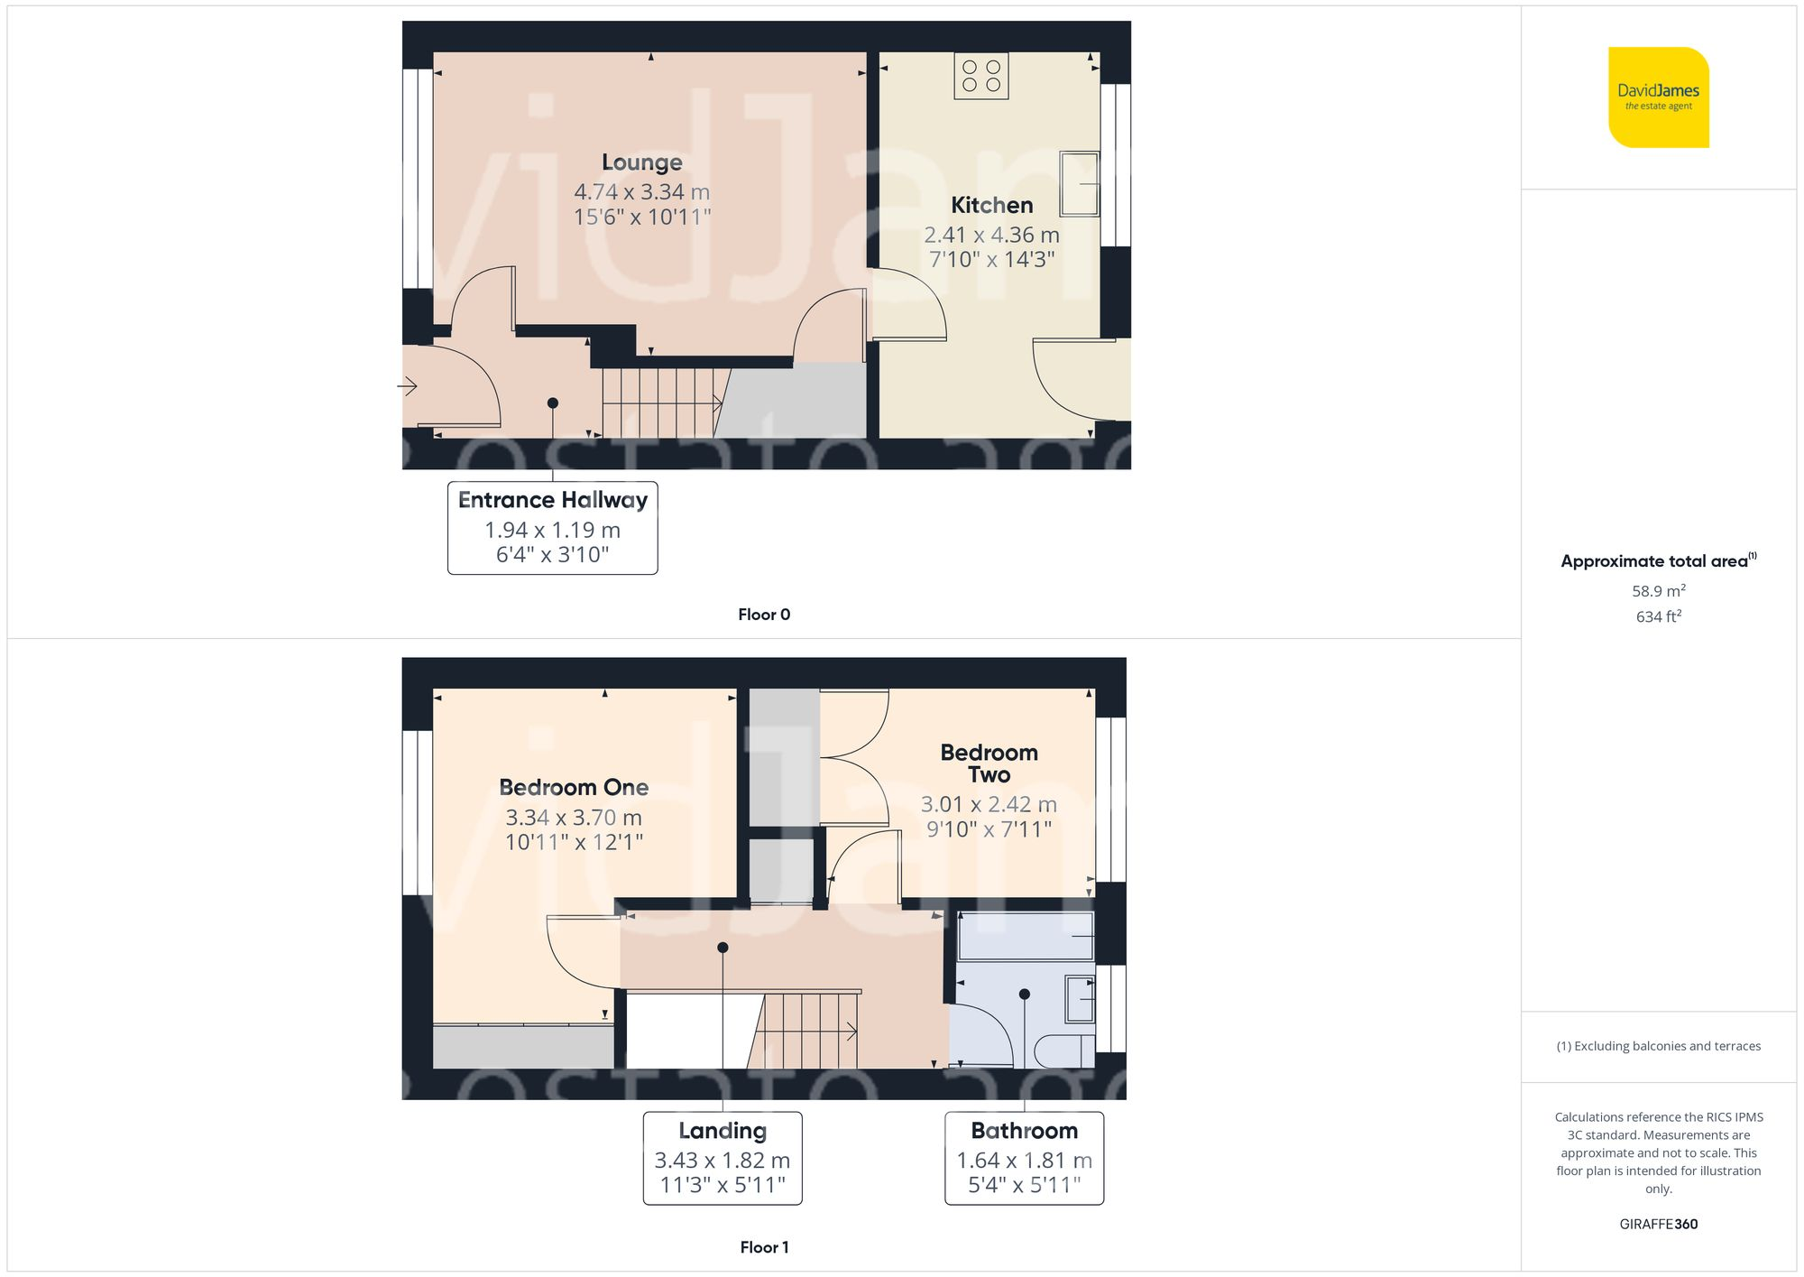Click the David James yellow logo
(x=1658, y=97)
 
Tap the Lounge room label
(x=641, y=162)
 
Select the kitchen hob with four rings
(x=981, y=76)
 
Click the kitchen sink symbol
(x=1079, y=184)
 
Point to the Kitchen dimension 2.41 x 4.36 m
(x=991, y=235)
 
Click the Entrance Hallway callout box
(x=552, y=528)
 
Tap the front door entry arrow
(x=408, y=387)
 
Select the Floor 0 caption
(x=763, y=615)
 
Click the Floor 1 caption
(x=763, y=1247)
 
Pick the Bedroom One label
(x=574, y=787)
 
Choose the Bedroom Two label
(x=989, y=763)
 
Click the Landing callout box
(x=722, y=1158)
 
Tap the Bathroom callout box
(x=1024, y=1158)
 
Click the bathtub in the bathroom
(x=1025, y=936)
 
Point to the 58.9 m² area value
(x=1658, y=591)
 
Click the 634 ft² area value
(x=1658, y=616)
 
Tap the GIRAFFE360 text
(x=1658, y=1224)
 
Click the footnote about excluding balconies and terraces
(x=1658, y=1046)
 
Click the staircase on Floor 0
(x=663, y=403)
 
